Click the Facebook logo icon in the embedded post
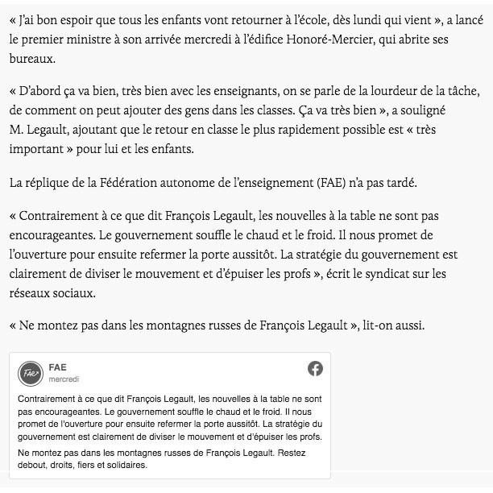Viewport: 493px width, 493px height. point(315,369)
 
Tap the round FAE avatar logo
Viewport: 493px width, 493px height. point(30,373)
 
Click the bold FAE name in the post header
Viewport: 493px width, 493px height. point(57,367)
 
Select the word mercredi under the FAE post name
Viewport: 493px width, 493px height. point(64,379)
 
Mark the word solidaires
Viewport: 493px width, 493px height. point(126,466)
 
